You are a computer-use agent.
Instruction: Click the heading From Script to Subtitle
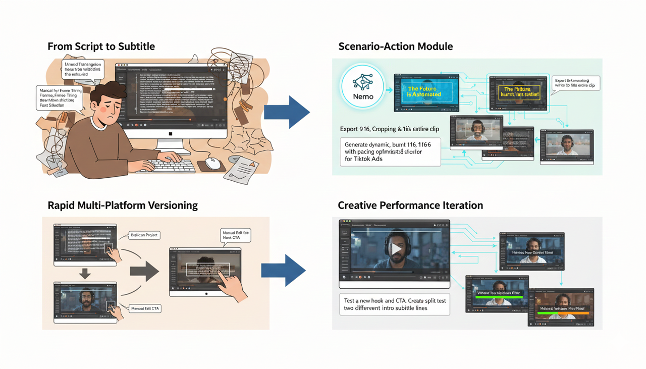101,46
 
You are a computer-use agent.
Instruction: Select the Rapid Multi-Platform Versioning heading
123,205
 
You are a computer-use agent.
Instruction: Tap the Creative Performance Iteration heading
410,205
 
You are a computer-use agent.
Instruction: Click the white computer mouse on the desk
213,163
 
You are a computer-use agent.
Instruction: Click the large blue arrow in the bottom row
284,271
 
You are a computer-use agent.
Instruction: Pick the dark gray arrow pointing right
144,271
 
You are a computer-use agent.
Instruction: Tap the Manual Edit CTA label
145,308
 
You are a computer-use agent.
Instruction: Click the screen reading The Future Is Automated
424,92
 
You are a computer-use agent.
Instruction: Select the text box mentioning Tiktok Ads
389,151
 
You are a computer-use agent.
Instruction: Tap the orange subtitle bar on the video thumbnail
560,313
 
